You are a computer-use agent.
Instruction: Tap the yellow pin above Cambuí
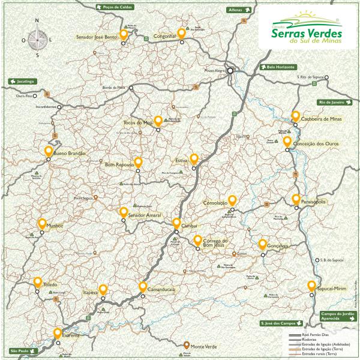click(177, 223)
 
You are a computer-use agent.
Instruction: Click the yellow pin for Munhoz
click(42, 224)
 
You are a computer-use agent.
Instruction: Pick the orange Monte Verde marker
click(187, 346)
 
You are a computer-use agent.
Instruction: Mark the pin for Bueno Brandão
click(49, 151)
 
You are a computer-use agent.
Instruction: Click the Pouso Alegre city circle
click(230, 70)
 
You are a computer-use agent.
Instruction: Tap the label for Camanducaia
click(160, 289)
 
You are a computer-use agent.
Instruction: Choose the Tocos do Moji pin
click(158, 121)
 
